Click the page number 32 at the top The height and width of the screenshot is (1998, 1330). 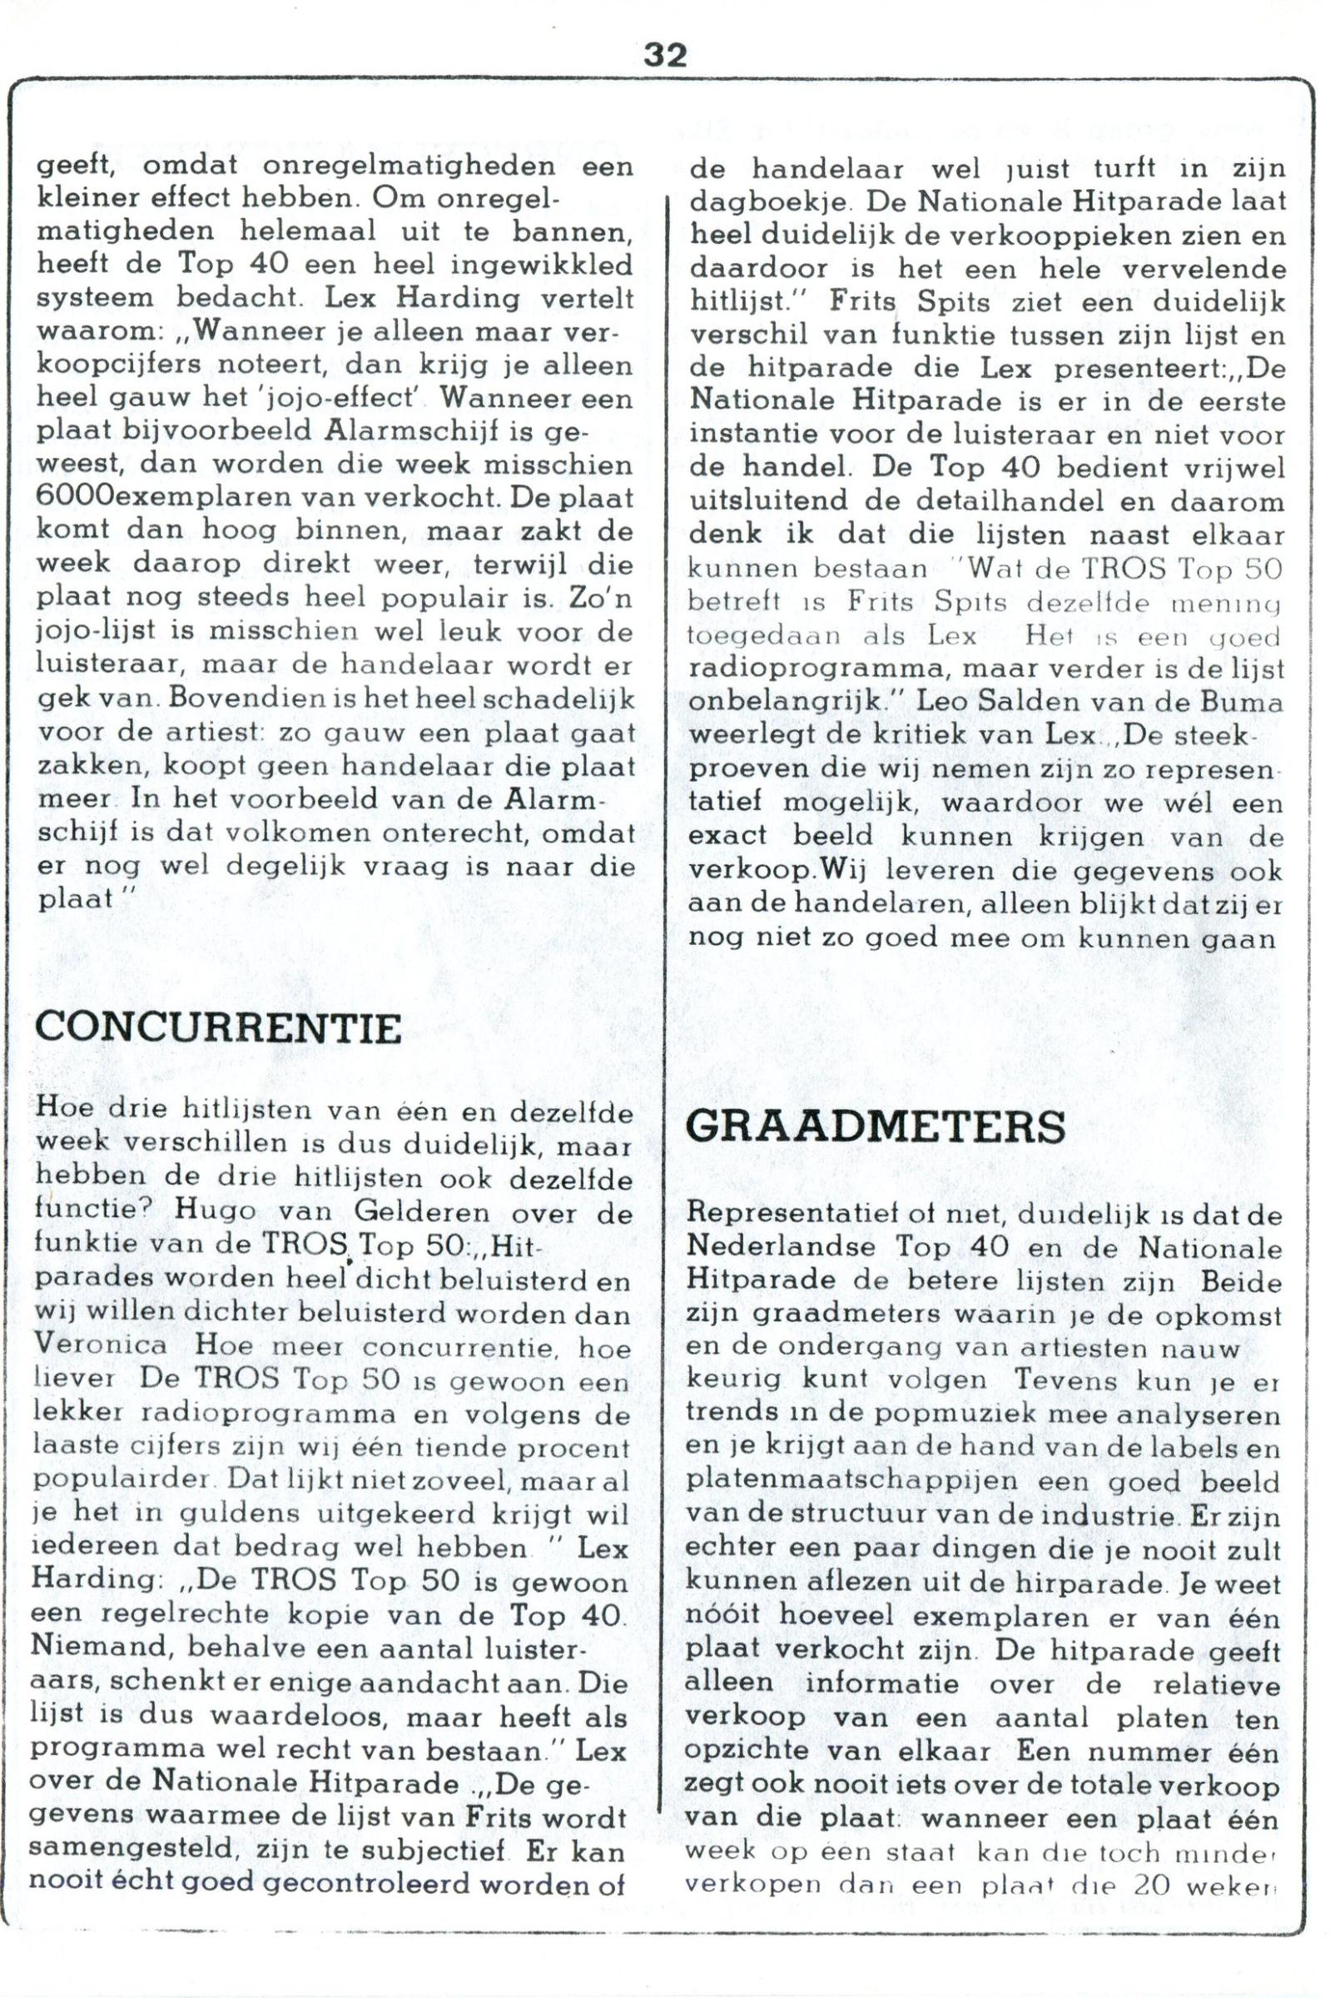[665, 55]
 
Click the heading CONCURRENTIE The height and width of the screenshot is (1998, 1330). [220, 1028]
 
